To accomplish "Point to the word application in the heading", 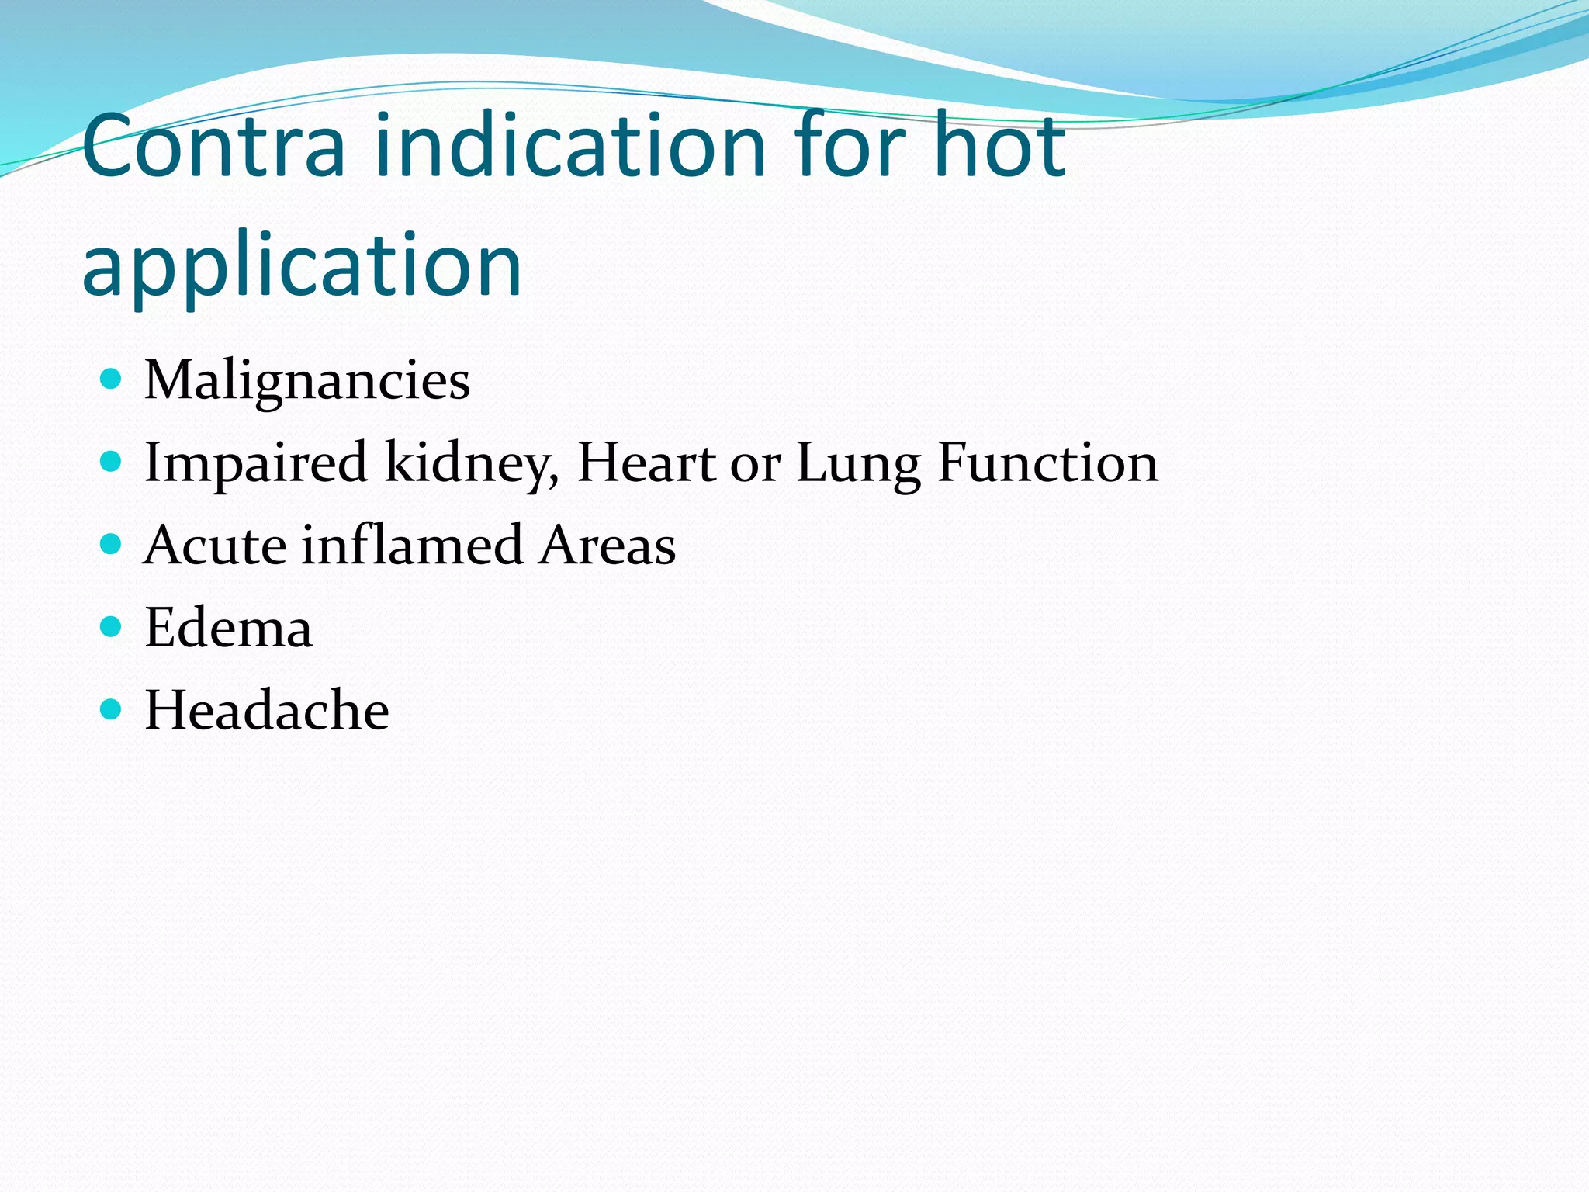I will [302, 266].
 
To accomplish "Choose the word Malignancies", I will [307, 381].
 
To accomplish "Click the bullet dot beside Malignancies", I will [112, 379].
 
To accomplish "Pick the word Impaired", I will [255, 463].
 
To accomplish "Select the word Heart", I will [646, 463].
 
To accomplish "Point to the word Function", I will [1047, 463].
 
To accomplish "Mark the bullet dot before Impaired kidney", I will [112, 462].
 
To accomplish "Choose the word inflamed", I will [412, 546].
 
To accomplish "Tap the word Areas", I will [608, 546].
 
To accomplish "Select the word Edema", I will [228, 628].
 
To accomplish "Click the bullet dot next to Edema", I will [112, 626].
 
